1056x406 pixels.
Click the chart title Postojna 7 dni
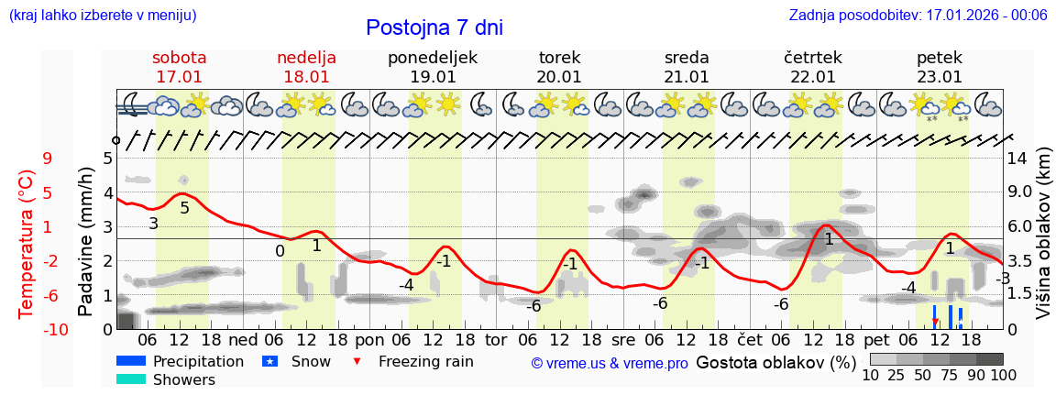tap(434, 27)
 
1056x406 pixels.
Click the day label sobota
tap(179, 58)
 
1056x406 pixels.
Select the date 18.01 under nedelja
tap(306, 77)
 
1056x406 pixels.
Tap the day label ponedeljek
tap(433, 58)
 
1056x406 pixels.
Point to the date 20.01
tap(559, 77)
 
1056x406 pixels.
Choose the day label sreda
tap(687, 58)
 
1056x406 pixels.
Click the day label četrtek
tap(813, 58)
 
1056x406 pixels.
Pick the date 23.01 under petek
tap(940, 77)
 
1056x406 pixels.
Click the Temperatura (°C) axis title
tap(26, 244)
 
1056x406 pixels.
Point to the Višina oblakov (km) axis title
tap(1043, 242)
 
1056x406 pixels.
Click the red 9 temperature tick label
tap(47, 159)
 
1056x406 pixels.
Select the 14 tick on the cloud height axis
tap(1017, 159)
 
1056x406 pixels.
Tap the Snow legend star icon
tap(269, 361)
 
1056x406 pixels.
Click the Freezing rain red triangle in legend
tap(357, 361)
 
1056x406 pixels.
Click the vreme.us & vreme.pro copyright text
tap(610, 363)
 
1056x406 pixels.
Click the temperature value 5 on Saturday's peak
tap(184, 208)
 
